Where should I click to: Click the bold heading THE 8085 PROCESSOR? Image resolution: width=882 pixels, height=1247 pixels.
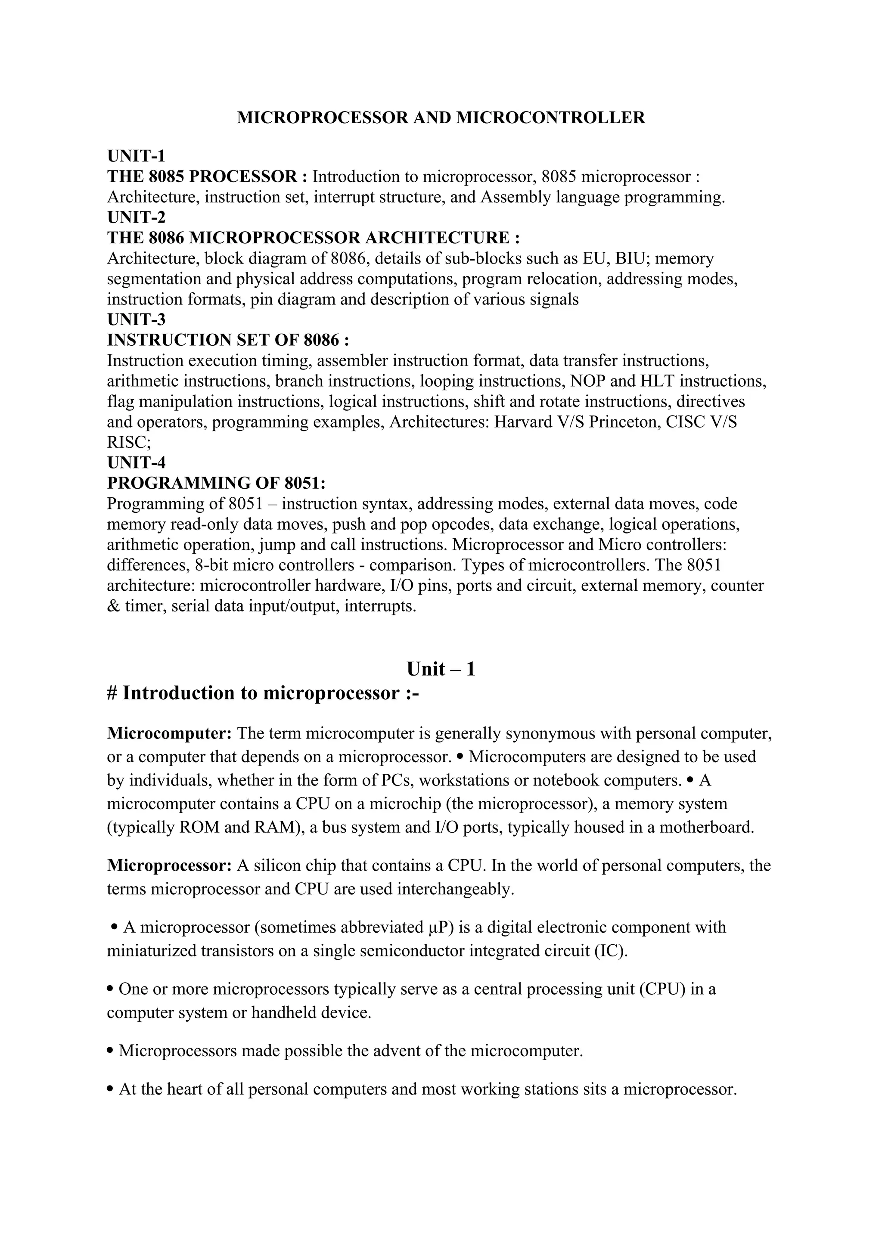pos(202,177)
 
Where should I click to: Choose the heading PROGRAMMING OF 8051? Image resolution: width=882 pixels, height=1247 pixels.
pos(215,483)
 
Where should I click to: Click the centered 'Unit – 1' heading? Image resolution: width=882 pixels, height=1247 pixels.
pos(441,669)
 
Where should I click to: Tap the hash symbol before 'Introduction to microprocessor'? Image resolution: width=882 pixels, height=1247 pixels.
pos(112,694)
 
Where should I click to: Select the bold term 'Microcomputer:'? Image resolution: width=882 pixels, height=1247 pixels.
pos(169,734)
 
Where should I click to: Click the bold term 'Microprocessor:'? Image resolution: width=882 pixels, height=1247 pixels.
pos(169,865)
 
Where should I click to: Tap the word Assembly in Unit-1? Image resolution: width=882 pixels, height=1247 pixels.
pos(514,197)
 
